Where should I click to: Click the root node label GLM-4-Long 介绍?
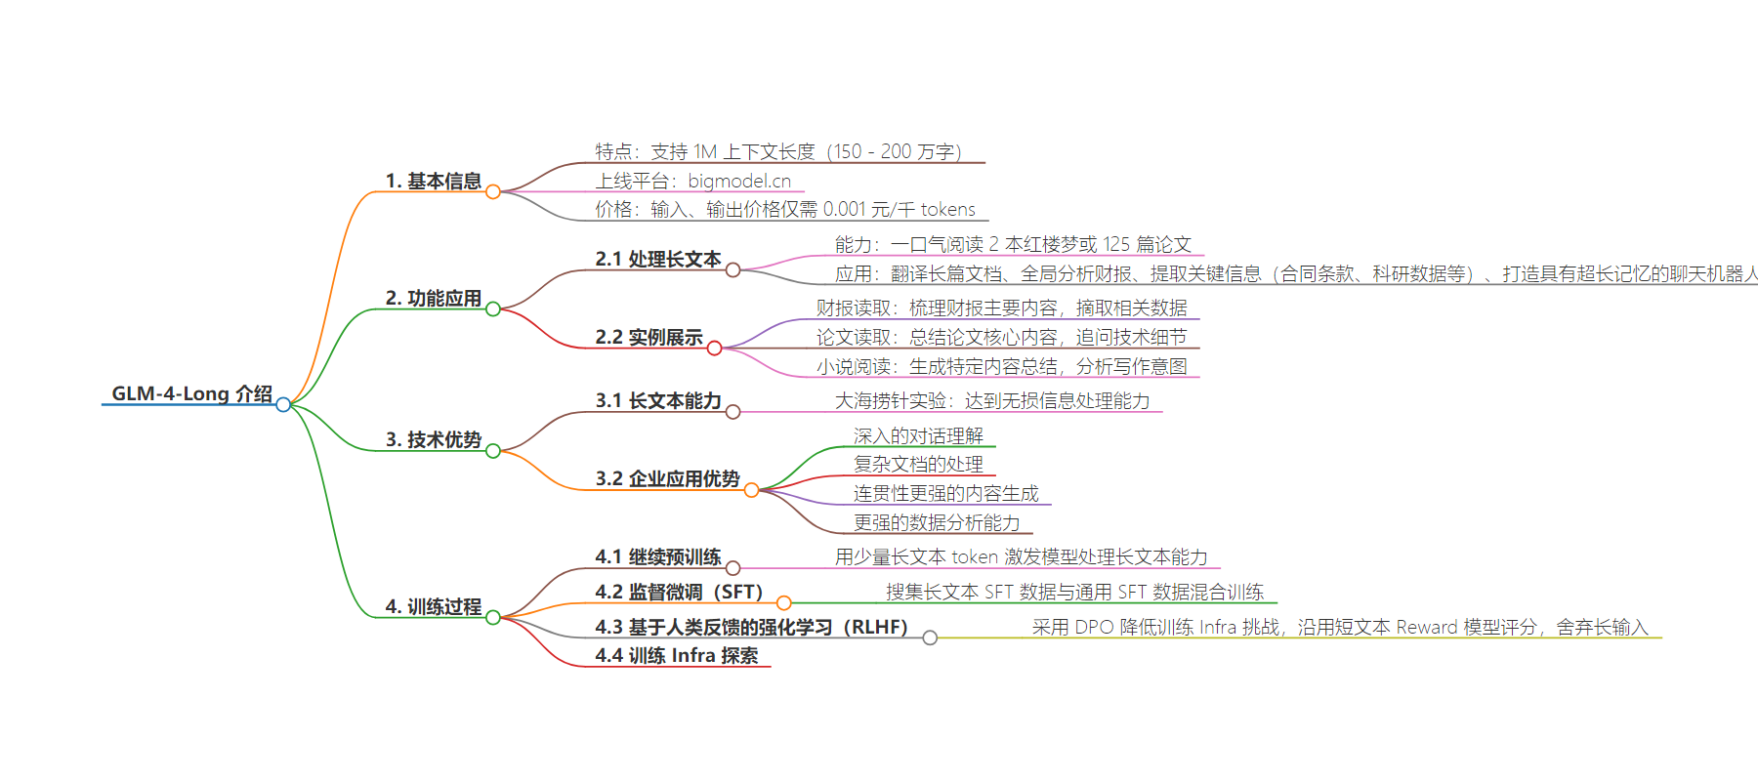[x=192, y=393]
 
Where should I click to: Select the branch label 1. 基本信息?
[x=434, y=181]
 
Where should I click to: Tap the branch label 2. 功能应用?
[x=434, y=298]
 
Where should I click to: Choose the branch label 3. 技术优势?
[x=434, y=439]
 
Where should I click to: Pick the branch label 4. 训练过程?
[x=434, y=606]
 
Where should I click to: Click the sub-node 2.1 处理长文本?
[x=658, y=259]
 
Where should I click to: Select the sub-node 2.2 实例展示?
[x=649, y=337]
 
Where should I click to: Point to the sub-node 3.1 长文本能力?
[x=658, y=400]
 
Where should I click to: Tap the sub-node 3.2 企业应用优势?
[x=668, y=478]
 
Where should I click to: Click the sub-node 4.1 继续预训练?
[x=658, y=556]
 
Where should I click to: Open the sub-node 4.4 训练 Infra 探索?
[x=677, y=655]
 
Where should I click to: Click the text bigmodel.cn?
[x=739, y=181]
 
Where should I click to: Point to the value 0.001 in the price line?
[x=845, y=209]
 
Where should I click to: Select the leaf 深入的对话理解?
[x=918, y=435]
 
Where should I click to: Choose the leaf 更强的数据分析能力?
[x=937, y=522]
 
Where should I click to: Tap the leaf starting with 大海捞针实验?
[x=992, y=400]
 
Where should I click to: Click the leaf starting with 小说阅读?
[x=1002, y=366]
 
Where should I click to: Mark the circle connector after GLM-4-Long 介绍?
[x=283, y=404]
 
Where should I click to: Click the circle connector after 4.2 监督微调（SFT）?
[x=784, y=603]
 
